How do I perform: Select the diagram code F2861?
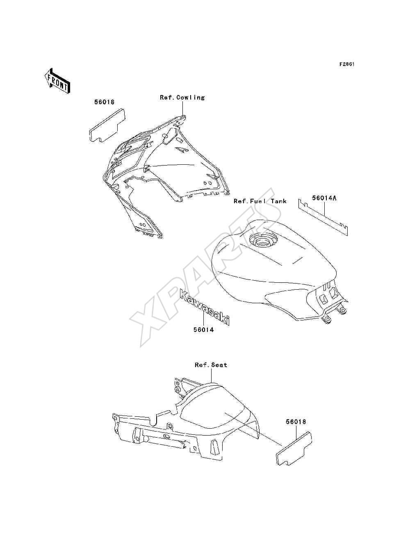point(347,64)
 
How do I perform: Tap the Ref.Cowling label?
point(182,98)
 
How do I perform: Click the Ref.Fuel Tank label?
point(260,201)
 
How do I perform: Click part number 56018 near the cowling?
point(104,102)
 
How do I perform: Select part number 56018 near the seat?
point(296,422)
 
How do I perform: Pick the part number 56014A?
point(324,198)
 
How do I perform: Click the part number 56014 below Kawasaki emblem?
point(203,329)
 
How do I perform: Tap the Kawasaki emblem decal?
point(205,307)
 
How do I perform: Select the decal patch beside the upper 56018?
point(107,125)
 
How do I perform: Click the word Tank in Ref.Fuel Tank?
point(278,201)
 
